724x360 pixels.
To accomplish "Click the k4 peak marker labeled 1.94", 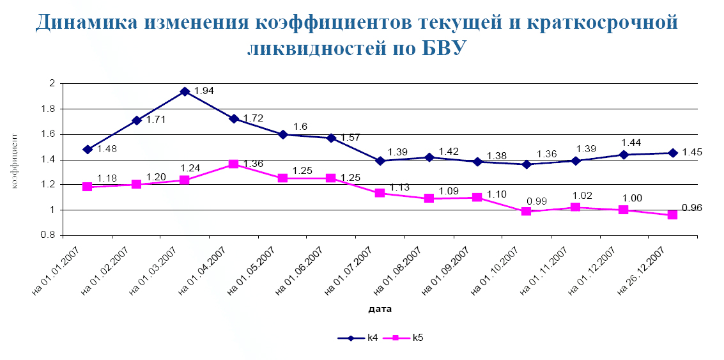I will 185,91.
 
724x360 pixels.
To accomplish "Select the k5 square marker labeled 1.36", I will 233,164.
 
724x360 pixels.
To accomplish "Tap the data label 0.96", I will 693,207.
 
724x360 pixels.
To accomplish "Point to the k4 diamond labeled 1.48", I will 88,150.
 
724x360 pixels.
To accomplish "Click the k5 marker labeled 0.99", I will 526,211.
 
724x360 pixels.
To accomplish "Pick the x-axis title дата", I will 380,309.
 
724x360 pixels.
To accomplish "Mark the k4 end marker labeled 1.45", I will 672,153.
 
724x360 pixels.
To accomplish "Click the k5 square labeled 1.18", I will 88,187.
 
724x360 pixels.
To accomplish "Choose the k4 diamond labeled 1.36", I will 526,164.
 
